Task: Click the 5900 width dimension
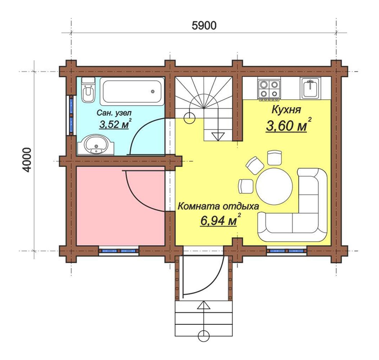[x=204, y=26]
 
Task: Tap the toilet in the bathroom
[x=88, y=90]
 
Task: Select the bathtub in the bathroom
[x=132, y=91]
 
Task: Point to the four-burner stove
[x=269, y=89]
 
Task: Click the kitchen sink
[x=310, y=88]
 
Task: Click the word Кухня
[x=286, y=109]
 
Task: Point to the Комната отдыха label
[x=218, y=206]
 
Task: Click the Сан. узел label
[x=114, y=113]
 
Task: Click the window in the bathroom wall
[x=71, y=115]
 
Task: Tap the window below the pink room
[x=119, y=251]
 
